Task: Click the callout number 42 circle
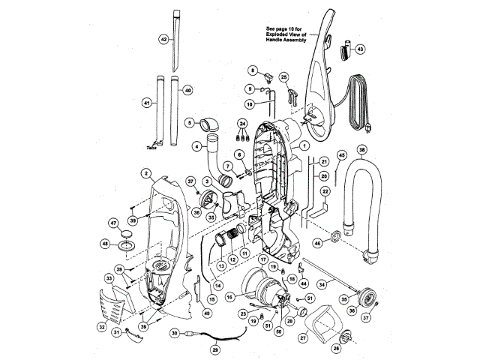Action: [x=163, y=38]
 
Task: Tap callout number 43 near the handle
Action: [x=360, y=49]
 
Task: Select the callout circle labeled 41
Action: [x=146, y=103]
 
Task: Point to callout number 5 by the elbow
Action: [x=190, y=122]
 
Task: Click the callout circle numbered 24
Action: [x=242, y=121]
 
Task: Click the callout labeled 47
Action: [x=114, y=223]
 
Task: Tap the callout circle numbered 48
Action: [x=106, y=244]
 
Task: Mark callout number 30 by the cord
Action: [x=173, y=333]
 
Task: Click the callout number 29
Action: [x=215, y=349]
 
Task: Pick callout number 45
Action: [x=341, y=155]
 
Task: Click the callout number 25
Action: [x=283, y=77]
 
